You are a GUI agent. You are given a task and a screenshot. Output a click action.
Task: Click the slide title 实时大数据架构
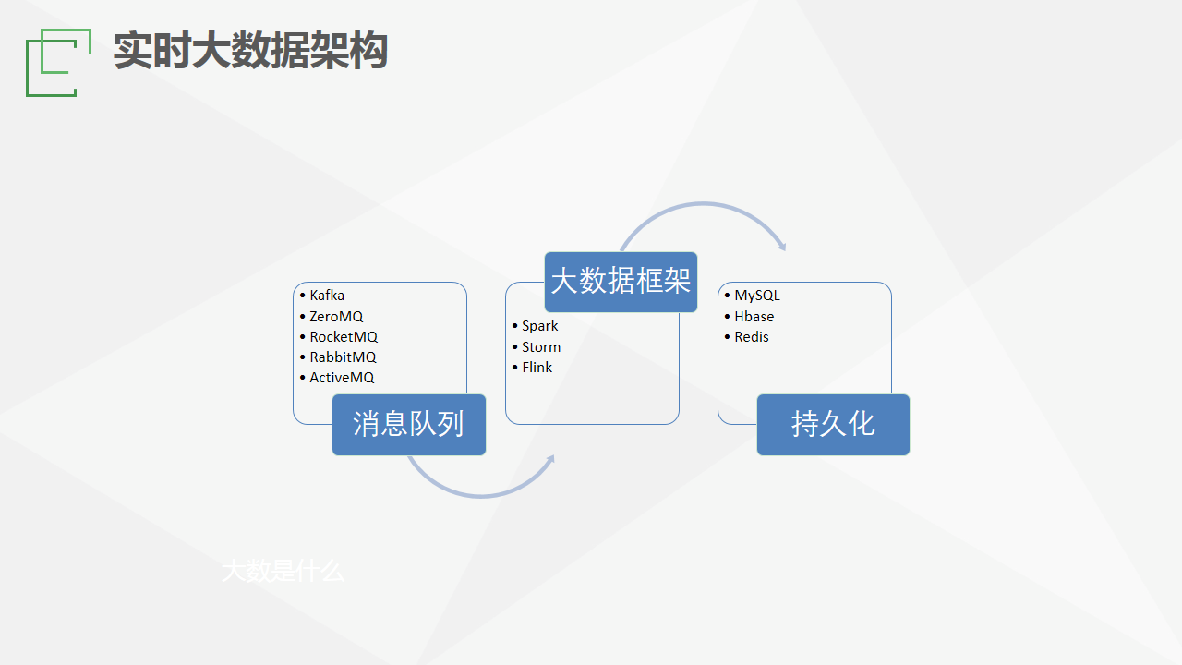point(250,51)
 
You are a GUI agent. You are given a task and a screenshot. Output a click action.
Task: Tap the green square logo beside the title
point(57,63)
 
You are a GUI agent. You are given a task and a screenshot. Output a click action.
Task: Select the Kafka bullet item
point(327,296)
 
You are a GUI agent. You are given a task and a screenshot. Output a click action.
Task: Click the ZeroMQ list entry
point(336,317)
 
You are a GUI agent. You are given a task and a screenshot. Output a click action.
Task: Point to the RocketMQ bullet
point(344,337)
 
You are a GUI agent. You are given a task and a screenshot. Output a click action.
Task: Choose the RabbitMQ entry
point(343,357)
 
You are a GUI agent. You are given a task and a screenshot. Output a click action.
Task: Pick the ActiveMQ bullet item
point(342,378)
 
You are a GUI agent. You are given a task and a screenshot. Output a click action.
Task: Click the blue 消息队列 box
point(408,425)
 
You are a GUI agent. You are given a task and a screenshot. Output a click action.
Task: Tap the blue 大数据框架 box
point(621,282)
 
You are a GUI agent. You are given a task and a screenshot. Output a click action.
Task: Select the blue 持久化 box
point(833,425)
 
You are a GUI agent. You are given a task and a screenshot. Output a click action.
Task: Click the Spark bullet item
point(539,326)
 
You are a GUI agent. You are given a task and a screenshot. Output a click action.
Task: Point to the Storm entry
point(541,347)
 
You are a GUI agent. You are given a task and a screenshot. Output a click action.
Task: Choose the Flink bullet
point(537,368)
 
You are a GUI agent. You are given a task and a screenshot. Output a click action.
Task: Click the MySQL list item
point(757,296)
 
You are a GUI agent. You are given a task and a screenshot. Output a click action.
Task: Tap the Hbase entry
point(754,317)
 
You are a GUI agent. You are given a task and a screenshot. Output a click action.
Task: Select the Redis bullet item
point(752,337)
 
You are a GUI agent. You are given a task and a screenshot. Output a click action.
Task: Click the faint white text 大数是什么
point(283,571)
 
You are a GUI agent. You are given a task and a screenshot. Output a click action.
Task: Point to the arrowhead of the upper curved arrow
point(782,246)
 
